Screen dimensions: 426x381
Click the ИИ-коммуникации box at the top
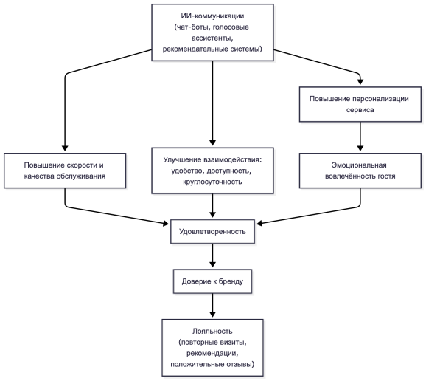click(x=212, y=32)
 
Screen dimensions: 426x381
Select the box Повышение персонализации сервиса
click(x=360, y=104)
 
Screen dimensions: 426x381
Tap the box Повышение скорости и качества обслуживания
click(x=65, y=171)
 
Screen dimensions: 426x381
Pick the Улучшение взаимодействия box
click(x=212, y=171)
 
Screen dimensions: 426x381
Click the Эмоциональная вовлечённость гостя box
click(x=360, y=171)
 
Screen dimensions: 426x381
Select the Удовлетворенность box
click(x=212, y=232)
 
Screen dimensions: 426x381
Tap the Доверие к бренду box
click(x=212, y=281)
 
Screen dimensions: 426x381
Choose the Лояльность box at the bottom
click(x=212, y=348)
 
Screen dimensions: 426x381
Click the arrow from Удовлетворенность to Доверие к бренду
click(x=212, y=255)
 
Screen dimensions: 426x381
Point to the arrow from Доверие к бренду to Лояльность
click(x=212, y=306)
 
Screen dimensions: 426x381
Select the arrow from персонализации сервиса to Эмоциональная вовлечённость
click(x=360, y=137)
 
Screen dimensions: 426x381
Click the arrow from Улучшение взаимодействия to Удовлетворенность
click(x=212, y=206)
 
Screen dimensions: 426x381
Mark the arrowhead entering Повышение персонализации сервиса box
click(x=360, y=82)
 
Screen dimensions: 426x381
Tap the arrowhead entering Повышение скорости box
click(x=65, y=148)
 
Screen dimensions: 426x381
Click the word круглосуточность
click(x=212, y=182)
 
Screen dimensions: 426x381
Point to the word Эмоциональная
click(x=359, y=165)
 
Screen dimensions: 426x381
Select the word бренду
click(x=231, y=281)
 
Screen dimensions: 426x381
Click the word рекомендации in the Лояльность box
click(x=212, y=353)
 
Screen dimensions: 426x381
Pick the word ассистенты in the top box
click(x=212, y=38)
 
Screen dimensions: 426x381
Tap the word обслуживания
click(x=80, y=176)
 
